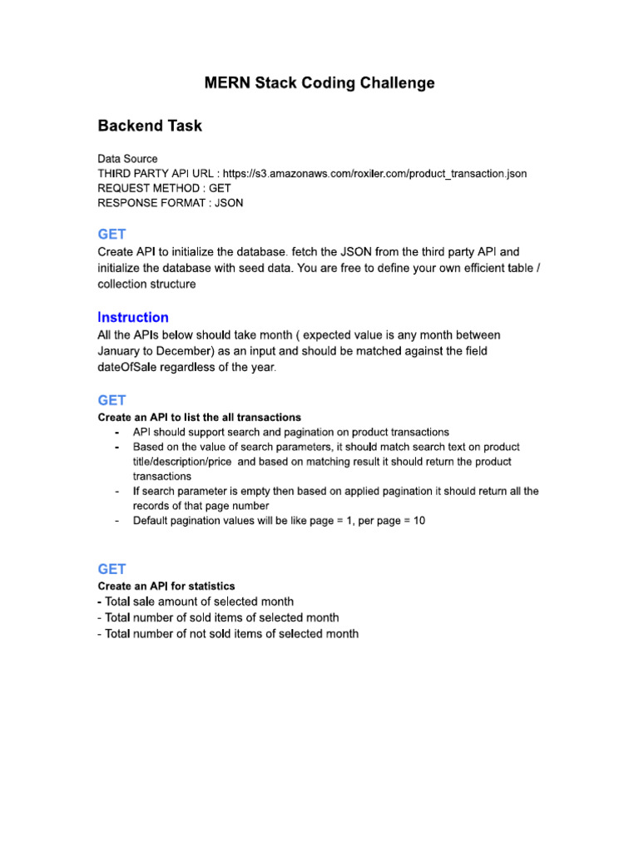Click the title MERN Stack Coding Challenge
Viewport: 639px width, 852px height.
tap(319, 83)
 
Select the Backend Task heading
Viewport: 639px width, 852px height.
tap(150, 126)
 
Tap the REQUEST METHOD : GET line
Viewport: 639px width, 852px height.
tap(164, 188)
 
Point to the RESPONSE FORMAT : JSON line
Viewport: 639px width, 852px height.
tap(171, 203)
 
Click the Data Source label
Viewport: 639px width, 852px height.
tap(127, 158)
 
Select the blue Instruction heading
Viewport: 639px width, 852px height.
tap(133, 317)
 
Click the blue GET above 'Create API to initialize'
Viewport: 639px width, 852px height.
tap(111, 235)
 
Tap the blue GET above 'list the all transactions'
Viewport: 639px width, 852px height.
tap(111, 400)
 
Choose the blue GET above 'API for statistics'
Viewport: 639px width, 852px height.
tap(111, 569)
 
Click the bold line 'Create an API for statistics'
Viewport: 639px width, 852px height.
tap(166, 586)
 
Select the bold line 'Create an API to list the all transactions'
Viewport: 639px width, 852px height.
tap(200, 417)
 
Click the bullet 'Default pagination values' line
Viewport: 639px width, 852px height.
tap(279, 521)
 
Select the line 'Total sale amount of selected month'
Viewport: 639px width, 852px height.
tap(196, 602)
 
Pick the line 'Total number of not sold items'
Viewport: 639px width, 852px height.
tap(228, 634)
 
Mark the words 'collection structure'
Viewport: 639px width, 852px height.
tap(147, 284)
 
